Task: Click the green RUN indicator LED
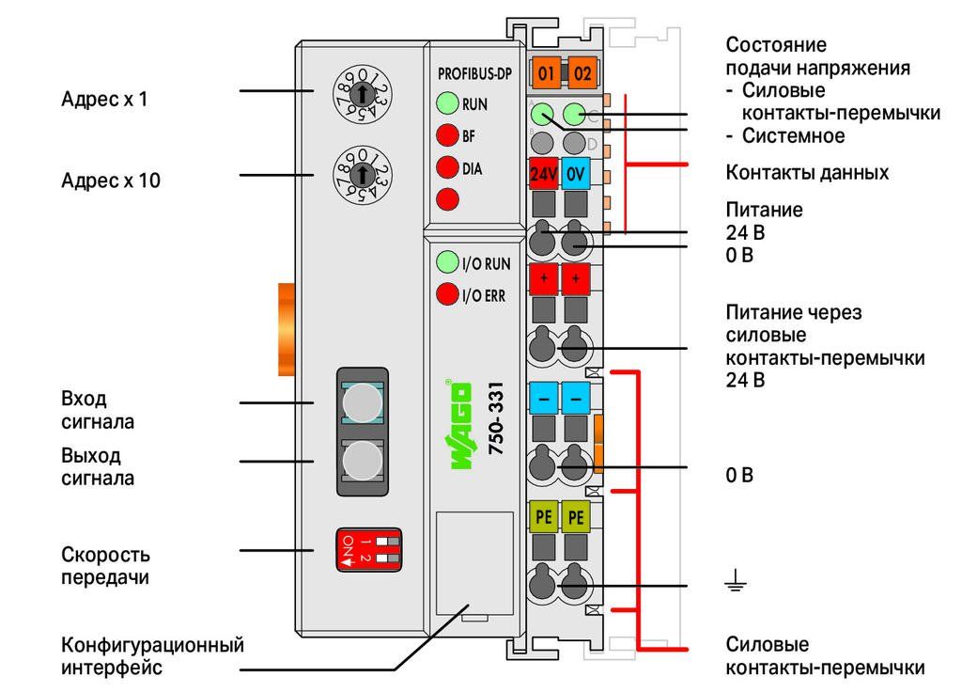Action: tap(448, 103)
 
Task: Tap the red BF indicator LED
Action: tap(448, 135)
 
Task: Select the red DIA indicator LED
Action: tap(448, 167)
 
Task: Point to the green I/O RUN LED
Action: tap(448, 262)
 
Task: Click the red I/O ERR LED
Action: tap(448, 294)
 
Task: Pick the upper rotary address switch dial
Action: tap(363, 95)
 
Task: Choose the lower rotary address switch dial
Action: tap(363, 175)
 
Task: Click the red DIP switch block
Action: tap(368, 549)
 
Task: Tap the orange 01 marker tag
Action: tap(546, 73)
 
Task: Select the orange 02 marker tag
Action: tap(582, 73)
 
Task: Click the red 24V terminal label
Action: tap(544, 174)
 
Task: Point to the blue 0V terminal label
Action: tap(576, 174)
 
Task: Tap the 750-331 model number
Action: tap(496, 418)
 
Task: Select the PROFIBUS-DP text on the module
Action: tap(474, 74)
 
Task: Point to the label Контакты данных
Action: tap(807, 173)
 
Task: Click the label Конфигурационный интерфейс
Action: tap(152, 656)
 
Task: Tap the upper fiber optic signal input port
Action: tap(362, 402)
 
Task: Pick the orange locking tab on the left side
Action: tap(287, 330)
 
